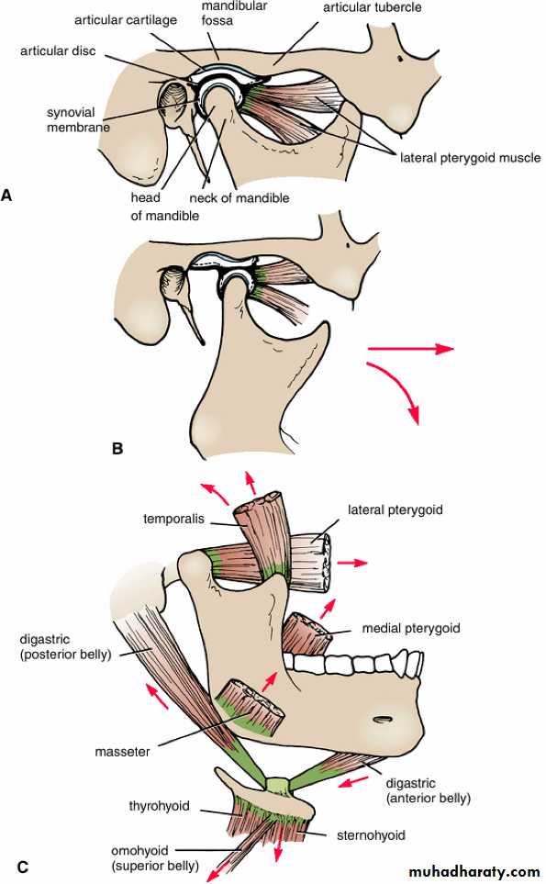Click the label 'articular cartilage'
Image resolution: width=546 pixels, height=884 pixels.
click(x=126, y=20)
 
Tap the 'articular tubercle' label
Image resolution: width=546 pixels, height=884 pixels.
click(x=372, y=7)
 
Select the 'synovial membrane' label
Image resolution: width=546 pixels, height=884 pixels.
click(x=78, y=119)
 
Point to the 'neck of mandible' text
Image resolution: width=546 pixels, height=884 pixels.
click(x=240, y=198)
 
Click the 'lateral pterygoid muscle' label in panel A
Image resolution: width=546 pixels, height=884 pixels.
click(x=470, y=158)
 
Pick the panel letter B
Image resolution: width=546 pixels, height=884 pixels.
click(x=117, y=449)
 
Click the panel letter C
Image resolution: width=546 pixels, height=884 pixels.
click(x=23, y=867)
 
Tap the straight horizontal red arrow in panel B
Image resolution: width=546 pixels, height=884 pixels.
click(x=410, y=349)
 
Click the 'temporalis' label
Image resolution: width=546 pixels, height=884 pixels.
click(x=173, y=519)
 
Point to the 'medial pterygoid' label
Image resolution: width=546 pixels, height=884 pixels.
click(x=411, y=628)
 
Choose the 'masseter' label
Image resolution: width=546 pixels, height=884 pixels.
click(x=122, y=752)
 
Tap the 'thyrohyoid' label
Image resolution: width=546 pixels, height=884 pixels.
click(x=159, y=806)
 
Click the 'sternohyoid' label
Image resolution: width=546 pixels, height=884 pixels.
click(x=371, y=835)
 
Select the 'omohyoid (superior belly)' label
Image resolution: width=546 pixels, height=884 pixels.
click(x=155, y=857)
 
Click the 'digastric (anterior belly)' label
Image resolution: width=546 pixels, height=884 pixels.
click(x=429, y=790)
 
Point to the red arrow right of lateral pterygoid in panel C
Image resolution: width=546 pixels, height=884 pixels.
click(x=352, y=563)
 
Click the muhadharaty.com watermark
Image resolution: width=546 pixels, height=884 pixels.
click(x=474, y=871)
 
